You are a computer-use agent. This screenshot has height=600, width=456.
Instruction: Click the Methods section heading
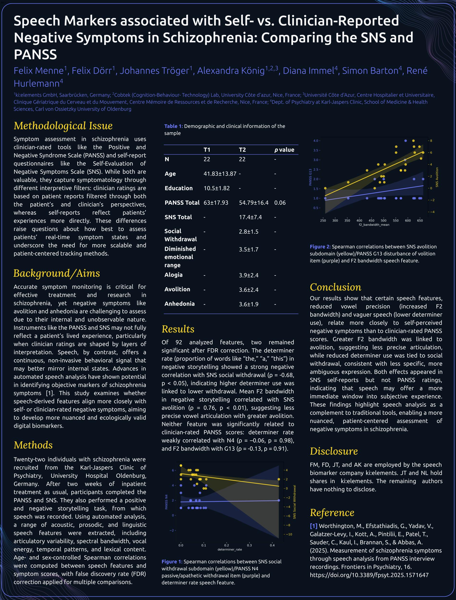coord(33,445)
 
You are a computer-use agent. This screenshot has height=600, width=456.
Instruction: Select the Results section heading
coord(178,329)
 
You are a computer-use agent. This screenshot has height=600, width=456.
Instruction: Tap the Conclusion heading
coord(335,287)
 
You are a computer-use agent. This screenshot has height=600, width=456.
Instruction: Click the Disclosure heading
coord(334,451)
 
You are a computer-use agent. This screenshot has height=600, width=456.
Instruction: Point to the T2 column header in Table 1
coord(242,150)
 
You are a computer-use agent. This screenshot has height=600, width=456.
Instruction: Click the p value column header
coord(284,150)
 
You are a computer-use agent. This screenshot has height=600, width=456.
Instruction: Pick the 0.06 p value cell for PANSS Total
coord(280,203)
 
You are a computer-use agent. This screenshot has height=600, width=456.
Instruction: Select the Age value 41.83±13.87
coord(220,174)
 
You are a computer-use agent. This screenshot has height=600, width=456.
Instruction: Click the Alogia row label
coord(174,275)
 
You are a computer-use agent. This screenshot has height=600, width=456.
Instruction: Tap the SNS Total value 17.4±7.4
coord(250,217)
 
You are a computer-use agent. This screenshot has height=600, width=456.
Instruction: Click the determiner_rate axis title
coord(229,550)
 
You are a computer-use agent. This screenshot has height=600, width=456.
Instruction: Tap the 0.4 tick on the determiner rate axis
coord(272,545)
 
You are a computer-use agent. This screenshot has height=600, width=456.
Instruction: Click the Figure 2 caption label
coord(320,247)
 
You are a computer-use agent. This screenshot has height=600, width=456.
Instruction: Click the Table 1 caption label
coord(173,126)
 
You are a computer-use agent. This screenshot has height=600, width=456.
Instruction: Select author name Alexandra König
coord(230,71)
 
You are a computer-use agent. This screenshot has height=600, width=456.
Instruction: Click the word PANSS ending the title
coord(35,54)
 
